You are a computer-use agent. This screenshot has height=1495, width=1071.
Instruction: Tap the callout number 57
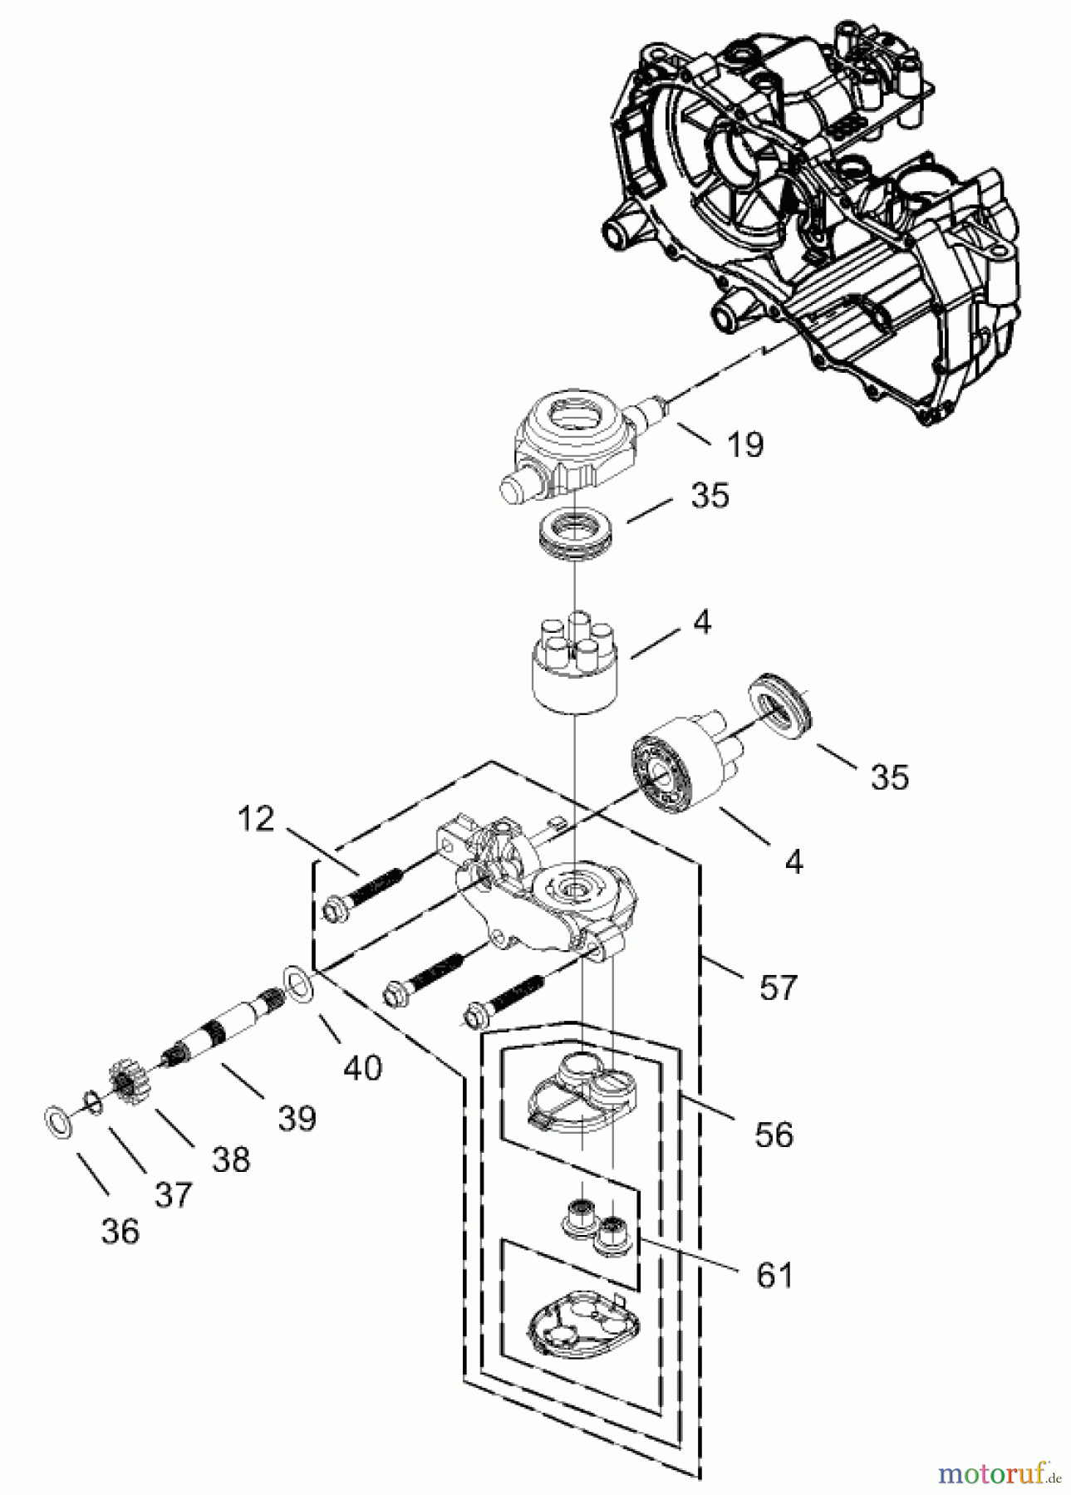[x=776, y=988]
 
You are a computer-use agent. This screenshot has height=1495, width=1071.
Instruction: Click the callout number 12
[x=255, y=819]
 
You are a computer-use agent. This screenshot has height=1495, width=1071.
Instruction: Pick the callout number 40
[x=363, y=1066]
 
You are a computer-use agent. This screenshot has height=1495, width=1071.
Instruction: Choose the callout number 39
[x=297, y=1117]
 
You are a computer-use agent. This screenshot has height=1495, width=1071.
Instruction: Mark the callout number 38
[x=231, y=1159]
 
